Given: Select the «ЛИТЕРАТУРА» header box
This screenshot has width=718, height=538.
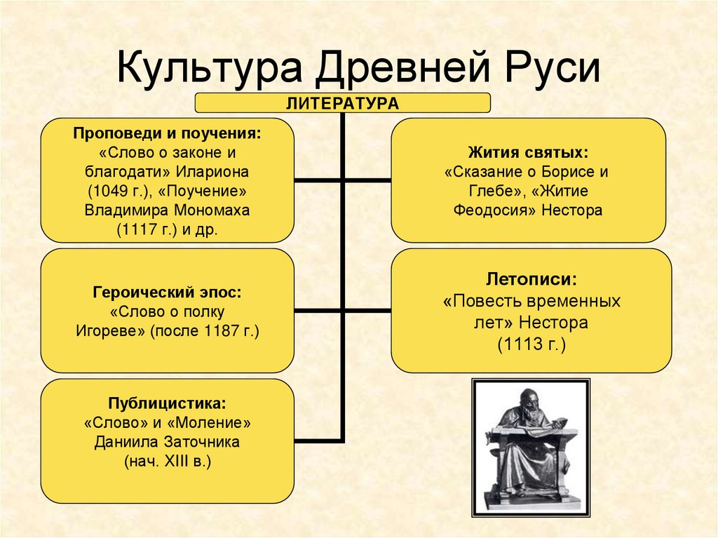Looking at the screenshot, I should [342, 103].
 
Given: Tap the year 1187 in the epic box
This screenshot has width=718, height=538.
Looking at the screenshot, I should [221, 330].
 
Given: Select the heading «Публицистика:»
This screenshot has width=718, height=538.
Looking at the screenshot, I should [167, 404].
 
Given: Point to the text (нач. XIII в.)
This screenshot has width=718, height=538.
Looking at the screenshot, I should [167, 462].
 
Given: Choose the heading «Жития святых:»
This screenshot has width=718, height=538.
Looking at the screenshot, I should [527, 152].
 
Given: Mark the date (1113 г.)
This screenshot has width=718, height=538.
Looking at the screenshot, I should [531, 345].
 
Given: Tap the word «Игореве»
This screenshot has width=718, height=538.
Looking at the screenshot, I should [110, 330].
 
